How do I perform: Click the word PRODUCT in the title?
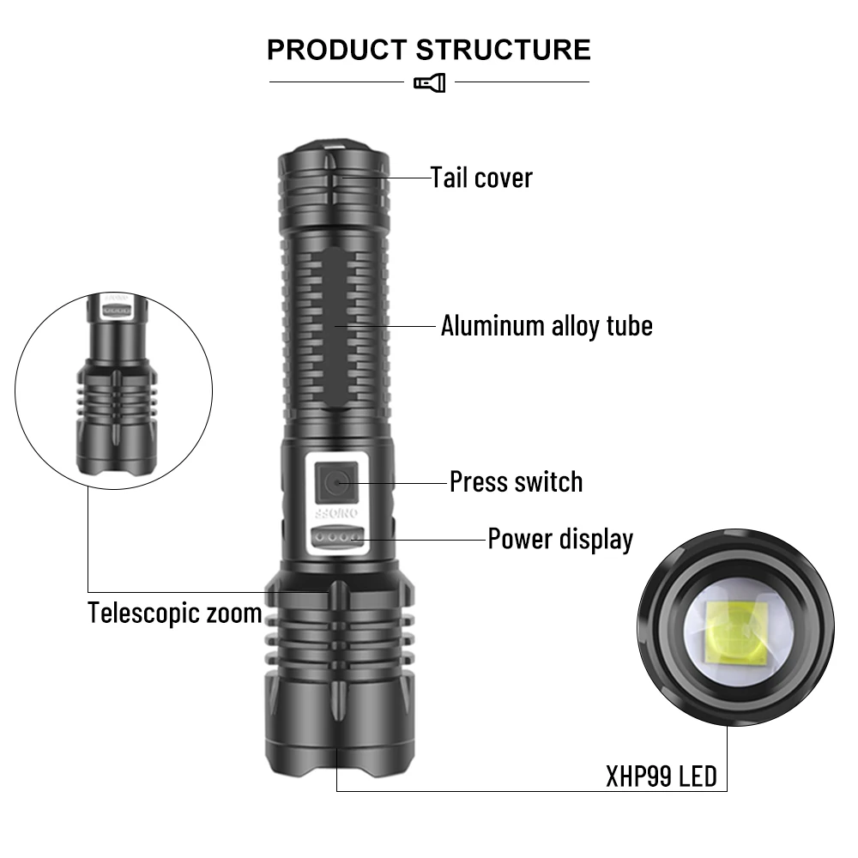(337, 50)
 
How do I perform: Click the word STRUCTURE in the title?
(504, 50)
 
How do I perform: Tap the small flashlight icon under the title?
(429, 82)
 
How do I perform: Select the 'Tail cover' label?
(481, 178)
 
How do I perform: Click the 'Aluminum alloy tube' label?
(547, 326)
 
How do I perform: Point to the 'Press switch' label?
(516, 481)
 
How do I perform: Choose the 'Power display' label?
(560, 539)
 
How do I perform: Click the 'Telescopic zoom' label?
(175, 613)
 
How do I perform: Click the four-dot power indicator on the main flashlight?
(335, 538)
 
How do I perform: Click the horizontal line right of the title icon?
(522, 82)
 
